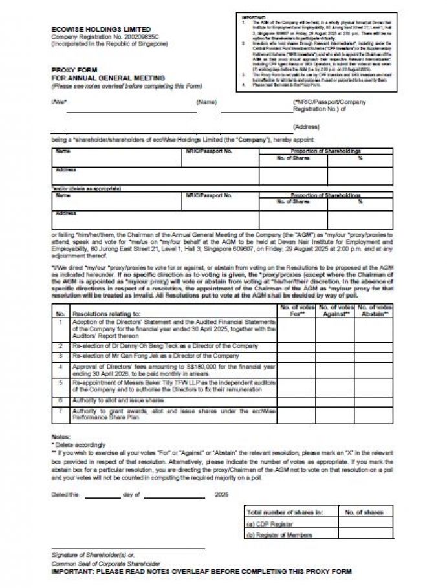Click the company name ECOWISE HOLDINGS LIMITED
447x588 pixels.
101,30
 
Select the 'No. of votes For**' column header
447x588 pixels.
298,310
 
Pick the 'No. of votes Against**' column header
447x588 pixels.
335,310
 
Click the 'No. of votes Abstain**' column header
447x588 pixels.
375,310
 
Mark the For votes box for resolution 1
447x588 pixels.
298,329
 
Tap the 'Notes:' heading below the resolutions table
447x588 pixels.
61,437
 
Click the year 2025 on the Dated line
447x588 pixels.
222,495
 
